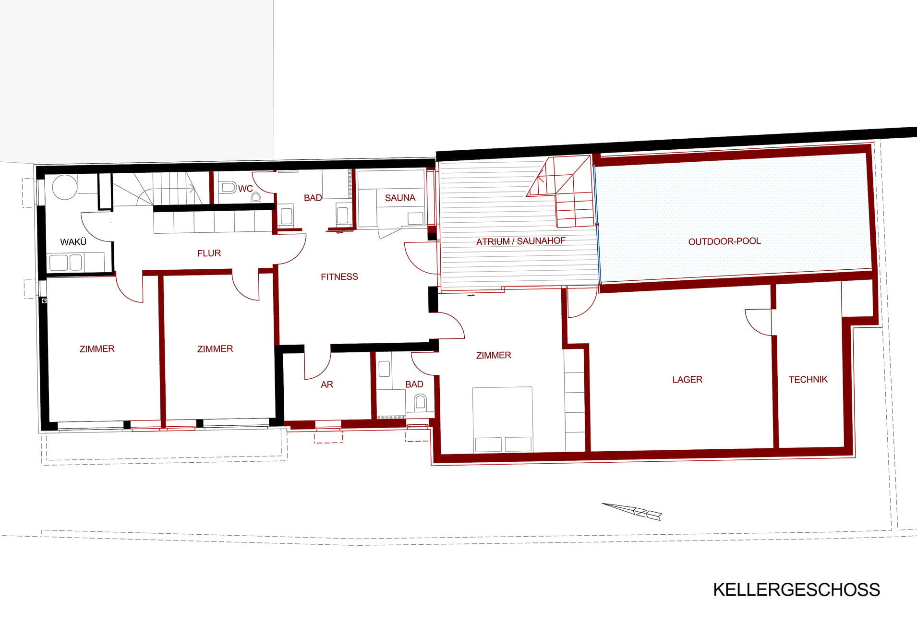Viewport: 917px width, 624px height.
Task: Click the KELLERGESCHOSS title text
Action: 796,589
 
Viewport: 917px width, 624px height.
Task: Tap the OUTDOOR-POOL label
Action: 724,241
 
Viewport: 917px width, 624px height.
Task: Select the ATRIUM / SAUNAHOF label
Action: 520,241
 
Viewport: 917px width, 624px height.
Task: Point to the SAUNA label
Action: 399,198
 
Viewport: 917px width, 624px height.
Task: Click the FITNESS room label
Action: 339,276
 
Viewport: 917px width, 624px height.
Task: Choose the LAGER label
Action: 687,380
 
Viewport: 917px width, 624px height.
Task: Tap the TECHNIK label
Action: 808,380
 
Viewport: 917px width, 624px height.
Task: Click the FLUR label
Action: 209,253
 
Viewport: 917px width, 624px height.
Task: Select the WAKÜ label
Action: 73,242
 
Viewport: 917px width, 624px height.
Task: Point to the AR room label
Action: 326,384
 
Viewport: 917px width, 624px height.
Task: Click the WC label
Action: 245,189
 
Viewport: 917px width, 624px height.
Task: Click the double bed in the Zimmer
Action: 502,419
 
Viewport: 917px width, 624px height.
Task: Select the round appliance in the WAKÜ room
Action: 64,187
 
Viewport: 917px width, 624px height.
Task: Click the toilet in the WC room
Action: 229,187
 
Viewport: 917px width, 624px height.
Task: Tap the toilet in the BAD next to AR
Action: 420,402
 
